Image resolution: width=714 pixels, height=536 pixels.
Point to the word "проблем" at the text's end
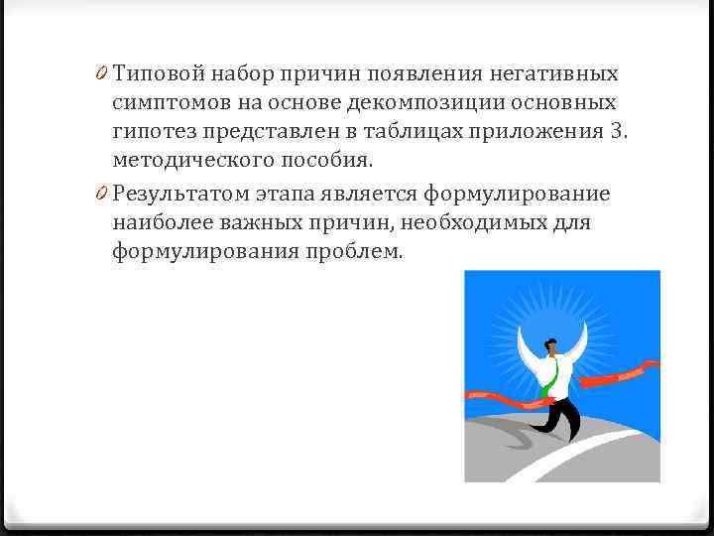pyautogui.click(x=353, y=252)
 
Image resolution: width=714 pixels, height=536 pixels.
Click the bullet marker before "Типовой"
pyautogui.click(x=103, y=74)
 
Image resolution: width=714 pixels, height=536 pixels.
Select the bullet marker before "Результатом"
pyautogui.click(x=103, y=194)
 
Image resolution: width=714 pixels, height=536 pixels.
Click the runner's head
pyautogui.click(x=550, y=349)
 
